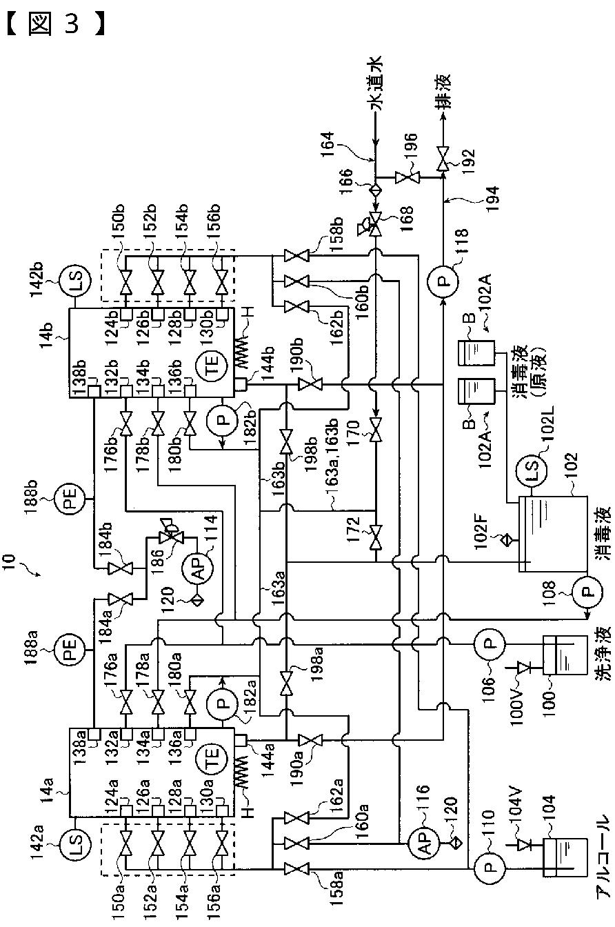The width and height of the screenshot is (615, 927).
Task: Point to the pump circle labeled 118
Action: point(443,282)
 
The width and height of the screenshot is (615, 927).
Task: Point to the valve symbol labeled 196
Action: point(407,178)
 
